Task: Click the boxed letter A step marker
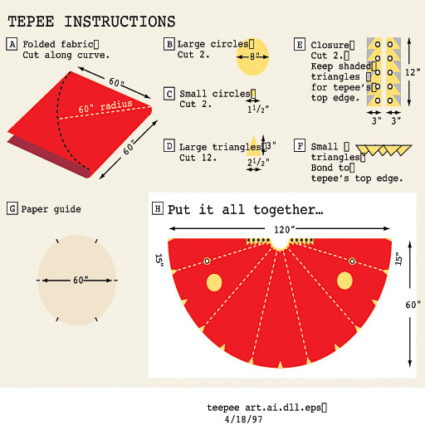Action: coord(12,44)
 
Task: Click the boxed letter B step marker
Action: coord(169,44)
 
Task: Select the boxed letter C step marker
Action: coord(169,95)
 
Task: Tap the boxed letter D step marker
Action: coord(169,146)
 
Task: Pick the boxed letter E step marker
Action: coord(300,44)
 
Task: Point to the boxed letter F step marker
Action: coord(300,146)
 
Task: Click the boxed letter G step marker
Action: coord(12,209)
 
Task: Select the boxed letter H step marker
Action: coord(158,209)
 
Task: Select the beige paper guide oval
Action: coord(77,280)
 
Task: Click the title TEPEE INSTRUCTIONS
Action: coord(91,21)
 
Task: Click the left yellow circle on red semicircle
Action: coord(213,282)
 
